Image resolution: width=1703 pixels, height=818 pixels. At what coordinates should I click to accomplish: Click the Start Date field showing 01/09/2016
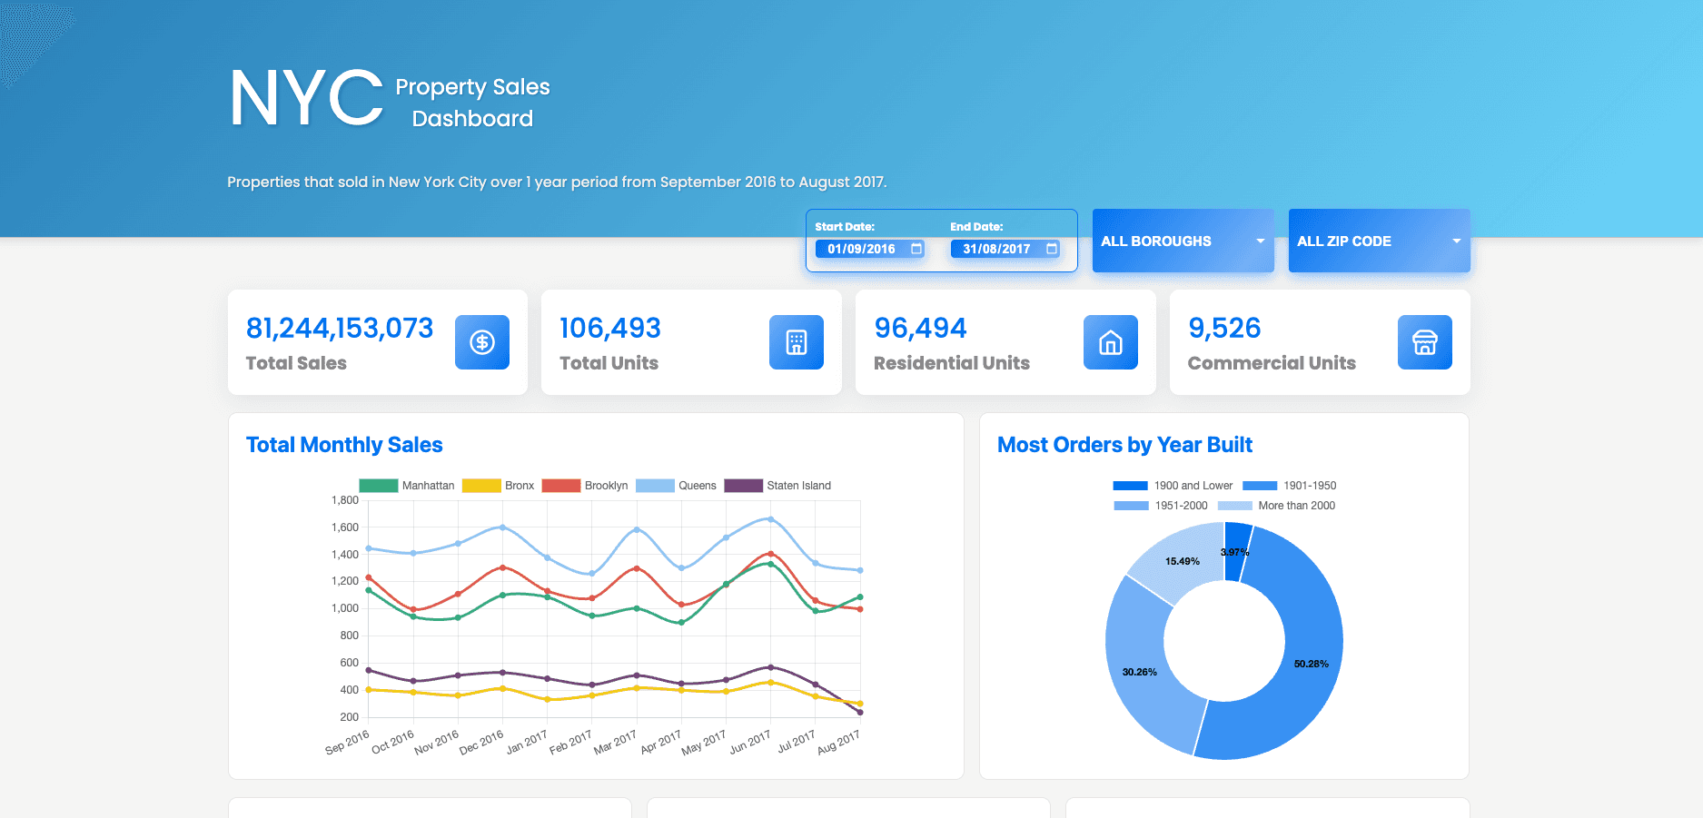coord(869,249)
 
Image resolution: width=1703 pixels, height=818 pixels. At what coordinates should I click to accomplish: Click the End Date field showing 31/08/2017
coord(1005,249)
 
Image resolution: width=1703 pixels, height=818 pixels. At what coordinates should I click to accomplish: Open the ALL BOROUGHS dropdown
coord(1183,241)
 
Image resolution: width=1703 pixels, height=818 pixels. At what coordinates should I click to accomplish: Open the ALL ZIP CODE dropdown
coord(1379,241)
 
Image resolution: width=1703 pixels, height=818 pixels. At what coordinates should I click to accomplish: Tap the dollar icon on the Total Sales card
coord(481,342)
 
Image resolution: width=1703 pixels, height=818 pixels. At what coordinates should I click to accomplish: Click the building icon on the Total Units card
coord(796,342)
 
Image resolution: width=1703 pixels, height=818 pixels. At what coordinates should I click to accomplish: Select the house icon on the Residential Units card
coord(1110,342)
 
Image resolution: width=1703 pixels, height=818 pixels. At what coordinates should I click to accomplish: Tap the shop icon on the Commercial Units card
coord(1424,342)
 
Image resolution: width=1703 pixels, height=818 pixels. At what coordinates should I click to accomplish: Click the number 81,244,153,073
coord(340,328)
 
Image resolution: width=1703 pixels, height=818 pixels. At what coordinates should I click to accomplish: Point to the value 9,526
coord(1224,328)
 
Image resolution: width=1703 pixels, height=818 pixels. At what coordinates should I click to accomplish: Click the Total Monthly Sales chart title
coord(344,445)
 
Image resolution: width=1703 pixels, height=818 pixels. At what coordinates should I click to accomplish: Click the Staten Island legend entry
coord(777,486)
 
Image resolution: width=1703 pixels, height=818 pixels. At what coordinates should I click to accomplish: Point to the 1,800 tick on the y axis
coord(345,500)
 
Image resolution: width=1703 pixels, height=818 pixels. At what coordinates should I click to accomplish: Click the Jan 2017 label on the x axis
coord(527,743)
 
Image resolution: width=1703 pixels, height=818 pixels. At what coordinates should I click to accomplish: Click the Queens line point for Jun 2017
coord(770,519)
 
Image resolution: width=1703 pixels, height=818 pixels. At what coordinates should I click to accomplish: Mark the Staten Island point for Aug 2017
coord(859,712)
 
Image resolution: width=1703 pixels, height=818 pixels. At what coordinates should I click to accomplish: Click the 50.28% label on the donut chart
coord(1311,664)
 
